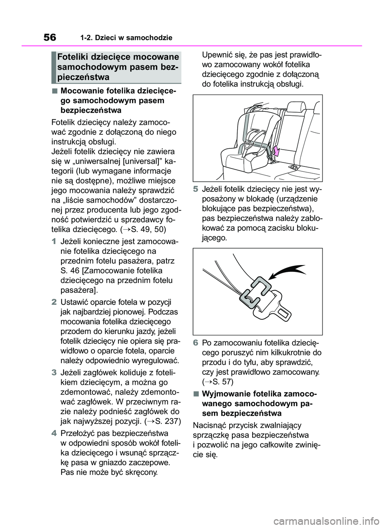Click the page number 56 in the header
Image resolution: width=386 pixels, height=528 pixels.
[50, 37]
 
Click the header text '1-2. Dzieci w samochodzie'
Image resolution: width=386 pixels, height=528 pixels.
[126, 38]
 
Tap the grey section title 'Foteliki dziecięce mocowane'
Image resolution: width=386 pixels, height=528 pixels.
[118, 57]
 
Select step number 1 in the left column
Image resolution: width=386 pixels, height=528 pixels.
[54, 242]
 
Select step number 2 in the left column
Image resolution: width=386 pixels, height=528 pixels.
[54, 302]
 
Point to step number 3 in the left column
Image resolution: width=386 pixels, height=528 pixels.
[54, 372]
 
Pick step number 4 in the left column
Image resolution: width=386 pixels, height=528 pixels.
[54, 433]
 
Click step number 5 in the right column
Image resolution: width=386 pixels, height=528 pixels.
[196, 189]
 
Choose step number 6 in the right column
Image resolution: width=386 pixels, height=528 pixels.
[196, 343]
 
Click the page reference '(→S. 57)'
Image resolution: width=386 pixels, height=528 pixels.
[218, 382]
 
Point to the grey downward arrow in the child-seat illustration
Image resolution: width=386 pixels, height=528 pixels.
[275, 151]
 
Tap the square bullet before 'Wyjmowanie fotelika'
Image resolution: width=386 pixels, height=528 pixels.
[196, 394]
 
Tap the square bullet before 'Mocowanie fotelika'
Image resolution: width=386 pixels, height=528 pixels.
[54, 90]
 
